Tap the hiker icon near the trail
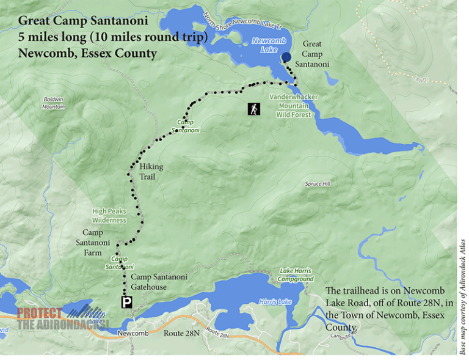253,109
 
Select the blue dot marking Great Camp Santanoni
286,57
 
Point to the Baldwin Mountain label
54,103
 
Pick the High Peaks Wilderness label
109,216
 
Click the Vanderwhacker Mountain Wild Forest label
293,105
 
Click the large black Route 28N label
181,333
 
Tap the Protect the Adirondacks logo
61,318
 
